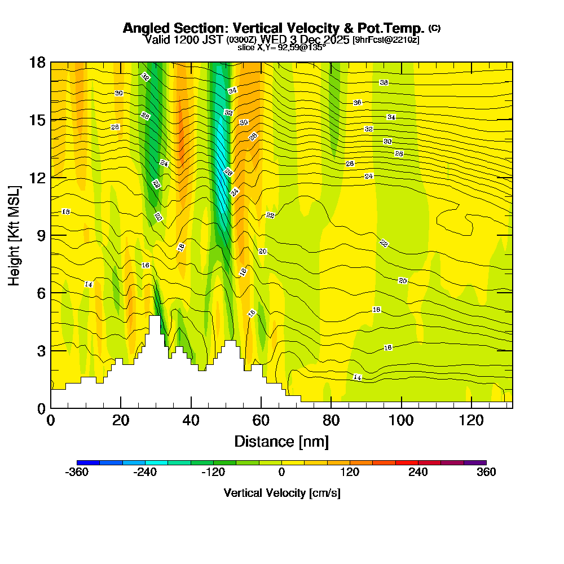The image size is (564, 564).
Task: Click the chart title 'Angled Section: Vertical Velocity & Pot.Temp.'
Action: coord(274,28)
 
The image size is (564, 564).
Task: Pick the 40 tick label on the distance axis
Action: coord(191,421)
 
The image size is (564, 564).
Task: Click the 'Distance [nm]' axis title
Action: coord(281,441)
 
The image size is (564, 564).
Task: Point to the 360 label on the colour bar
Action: coord(486,473)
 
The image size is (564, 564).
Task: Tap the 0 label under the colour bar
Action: coord(281,473)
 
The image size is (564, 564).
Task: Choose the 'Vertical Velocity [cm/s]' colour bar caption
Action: coord(281,493)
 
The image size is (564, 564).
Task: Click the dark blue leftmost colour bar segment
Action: coord(88,462)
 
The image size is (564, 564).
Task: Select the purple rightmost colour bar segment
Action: coord(475,462)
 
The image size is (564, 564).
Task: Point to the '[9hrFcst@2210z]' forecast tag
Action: coord(386,40)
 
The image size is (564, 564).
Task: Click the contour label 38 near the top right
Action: coord(384,82)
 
